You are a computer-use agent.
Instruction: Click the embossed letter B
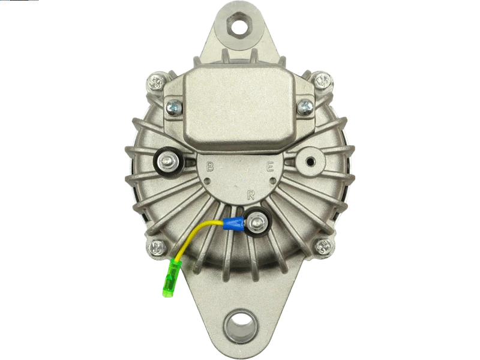pyautogui.click(x=209, y=167)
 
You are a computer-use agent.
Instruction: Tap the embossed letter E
pyautogui.click(x=269, y=167)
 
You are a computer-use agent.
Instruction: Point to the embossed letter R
pyautogui.click(x=251, y=194)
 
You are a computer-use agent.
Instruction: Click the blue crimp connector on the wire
pyautogui.click(x=233, y=224)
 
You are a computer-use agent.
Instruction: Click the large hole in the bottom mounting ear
pyautogui.click(x=240, y=325)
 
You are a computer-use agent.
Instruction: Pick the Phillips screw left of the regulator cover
pyautogui.click(x=174, y=107)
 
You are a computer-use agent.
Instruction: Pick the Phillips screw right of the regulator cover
pyautogui.click(x=305, y=107)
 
